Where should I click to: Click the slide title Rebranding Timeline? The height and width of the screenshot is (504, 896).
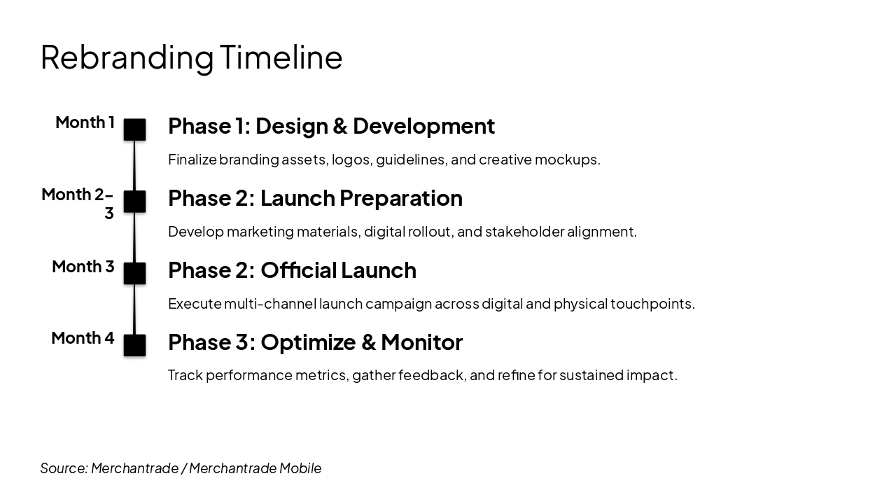pyautogui.click(x=191, y=58)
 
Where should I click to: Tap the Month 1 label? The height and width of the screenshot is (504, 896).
pyautogui.click(x=85, y=122)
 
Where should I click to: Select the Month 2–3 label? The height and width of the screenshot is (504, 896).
pyautogui.click(x=78, y=203)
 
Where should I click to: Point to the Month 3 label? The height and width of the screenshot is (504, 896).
pyautogui.click(x=83, y=267)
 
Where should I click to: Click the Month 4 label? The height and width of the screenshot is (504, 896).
pyautogui.click(x=83, y=338)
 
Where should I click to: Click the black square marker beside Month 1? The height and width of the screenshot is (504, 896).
pyautogui.click(x=134, y=129)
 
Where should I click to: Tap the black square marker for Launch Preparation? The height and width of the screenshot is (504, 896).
pyautogui.click(x=134, y=201)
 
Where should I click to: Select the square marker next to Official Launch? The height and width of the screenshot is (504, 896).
pyautogui.click(x=134, y=273)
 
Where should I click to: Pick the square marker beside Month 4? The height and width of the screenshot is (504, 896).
pyautogui.click(x=134, y=345)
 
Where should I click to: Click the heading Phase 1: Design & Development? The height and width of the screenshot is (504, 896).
pyautogui.click(x=331, y=126)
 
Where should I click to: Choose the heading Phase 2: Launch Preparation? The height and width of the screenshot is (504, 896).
pyautogui.click(x=315, y=198)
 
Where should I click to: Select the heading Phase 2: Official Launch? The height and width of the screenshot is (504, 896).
pyautogui.click(x=292, y=270)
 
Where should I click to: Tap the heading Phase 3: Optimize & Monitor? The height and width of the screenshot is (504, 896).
pyautogui.click(x=315, y=342)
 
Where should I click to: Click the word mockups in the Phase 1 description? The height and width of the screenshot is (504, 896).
pyautogui.click(x=567, y=160)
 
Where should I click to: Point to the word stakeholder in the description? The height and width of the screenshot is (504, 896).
pyautogui.click(x=525, y=232)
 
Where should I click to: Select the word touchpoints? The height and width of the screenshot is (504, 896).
pyautogui.click(x=652, y=304)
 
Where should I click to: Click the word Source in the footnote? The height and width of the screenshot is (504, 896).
pyautogui.click(x=64, y=468)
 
